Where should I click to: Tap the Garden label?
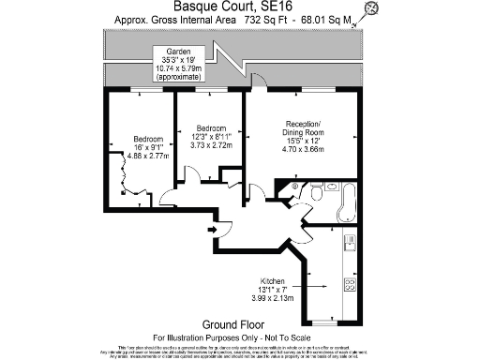tap(179, 52)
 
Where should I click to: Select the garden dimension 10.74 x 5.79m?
tap(179, 68)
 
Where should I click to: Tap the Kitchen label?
tap(274, 280)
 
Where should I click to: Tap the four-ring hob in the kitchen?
tap(350, 284)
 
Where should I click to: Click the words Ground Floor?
tap(239, 323)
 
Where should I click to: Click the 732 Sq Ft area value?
tap(241, 19)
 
